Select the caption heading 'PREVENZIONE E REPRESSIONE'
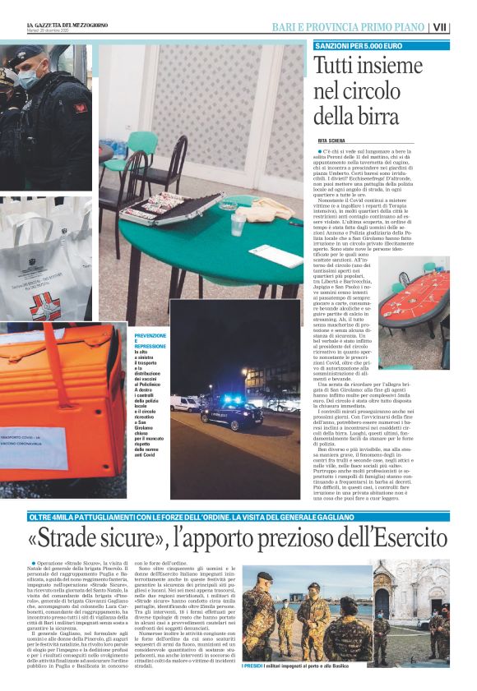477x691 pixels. coord(151,336)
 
